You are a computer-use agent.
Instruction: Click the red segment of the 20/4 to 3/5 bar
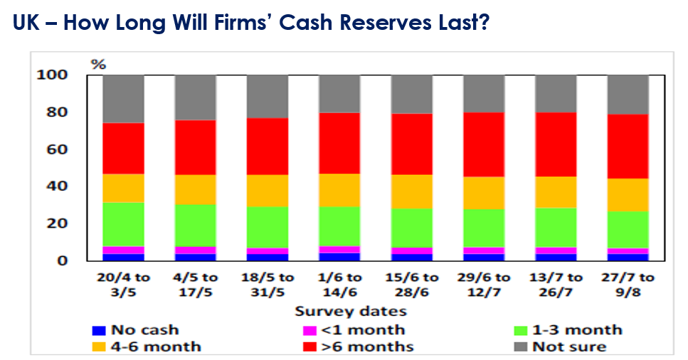tap(123, 148)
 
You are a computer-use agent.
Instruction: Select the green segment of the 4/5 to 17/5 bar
tap(196, 226)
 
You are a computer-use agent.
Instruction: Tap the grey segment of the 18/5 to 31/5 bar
tap(268, 96)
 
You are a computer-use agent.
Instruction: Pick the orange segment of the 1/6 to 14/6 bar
tap(340, 190)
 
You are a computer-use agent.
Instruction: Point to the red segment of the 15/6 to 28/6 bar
tap(412, 144)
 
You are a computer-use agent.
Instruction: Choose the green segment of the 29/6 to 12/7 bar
tap(484, 228)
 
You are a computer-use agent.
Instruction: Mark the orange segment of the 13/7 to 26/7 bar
tap(556, 192)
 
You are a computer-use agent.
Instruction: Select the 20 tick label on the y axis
tap(58, 223)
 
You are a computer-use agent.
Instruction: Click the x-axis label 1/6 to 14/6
tap(340, 284)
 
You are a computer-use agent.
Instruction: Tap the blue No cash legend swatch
tap(98, 330)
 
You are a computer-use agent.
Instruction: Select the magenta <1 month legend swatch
tap(308, 330)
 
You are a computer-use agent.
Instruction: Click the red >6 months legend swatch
tap(308, 347)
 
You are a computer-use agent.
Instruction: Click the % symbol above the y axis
tap(97, 65)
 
